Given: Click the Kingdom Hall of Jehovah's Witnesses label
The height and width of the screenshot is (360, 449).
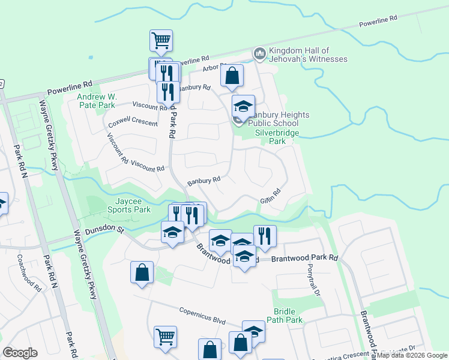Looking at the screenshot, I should (308, 55).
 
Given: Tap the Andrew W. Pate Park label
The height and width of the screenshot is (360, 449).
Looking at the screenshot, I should (96, 100).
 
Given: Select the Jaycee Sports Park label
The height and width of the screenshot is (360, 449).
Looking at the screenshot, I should (129, 206).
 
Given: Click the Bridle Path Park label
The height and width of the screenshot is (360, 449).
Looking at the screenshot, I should (288, 316).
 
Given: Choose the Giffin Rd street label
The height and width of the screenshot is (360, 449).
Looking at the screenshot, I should (271, 196).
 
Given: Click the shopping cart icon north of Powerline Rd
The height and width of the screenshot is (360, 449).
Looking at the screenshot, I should (161, 41).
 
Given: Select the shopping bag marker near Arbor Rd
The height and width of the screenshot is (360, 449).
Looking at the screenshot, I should (232, 76).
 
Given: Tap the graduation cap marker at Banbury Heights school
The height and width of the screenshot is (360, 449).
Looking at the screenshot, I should (243, 106).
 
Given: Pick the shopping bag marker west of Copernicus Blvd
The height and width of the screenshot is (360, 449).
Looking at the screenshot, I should (142, 273).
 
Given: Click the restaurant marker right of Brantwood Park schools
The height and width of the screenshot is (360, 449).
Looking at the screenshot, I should (265, 236).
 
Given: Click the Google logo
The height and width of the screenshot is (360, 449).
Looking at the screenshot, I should (20, 353).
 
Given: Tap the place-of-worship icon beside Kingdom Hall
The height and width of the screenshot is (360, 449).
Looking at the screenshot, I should (260, 54).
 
